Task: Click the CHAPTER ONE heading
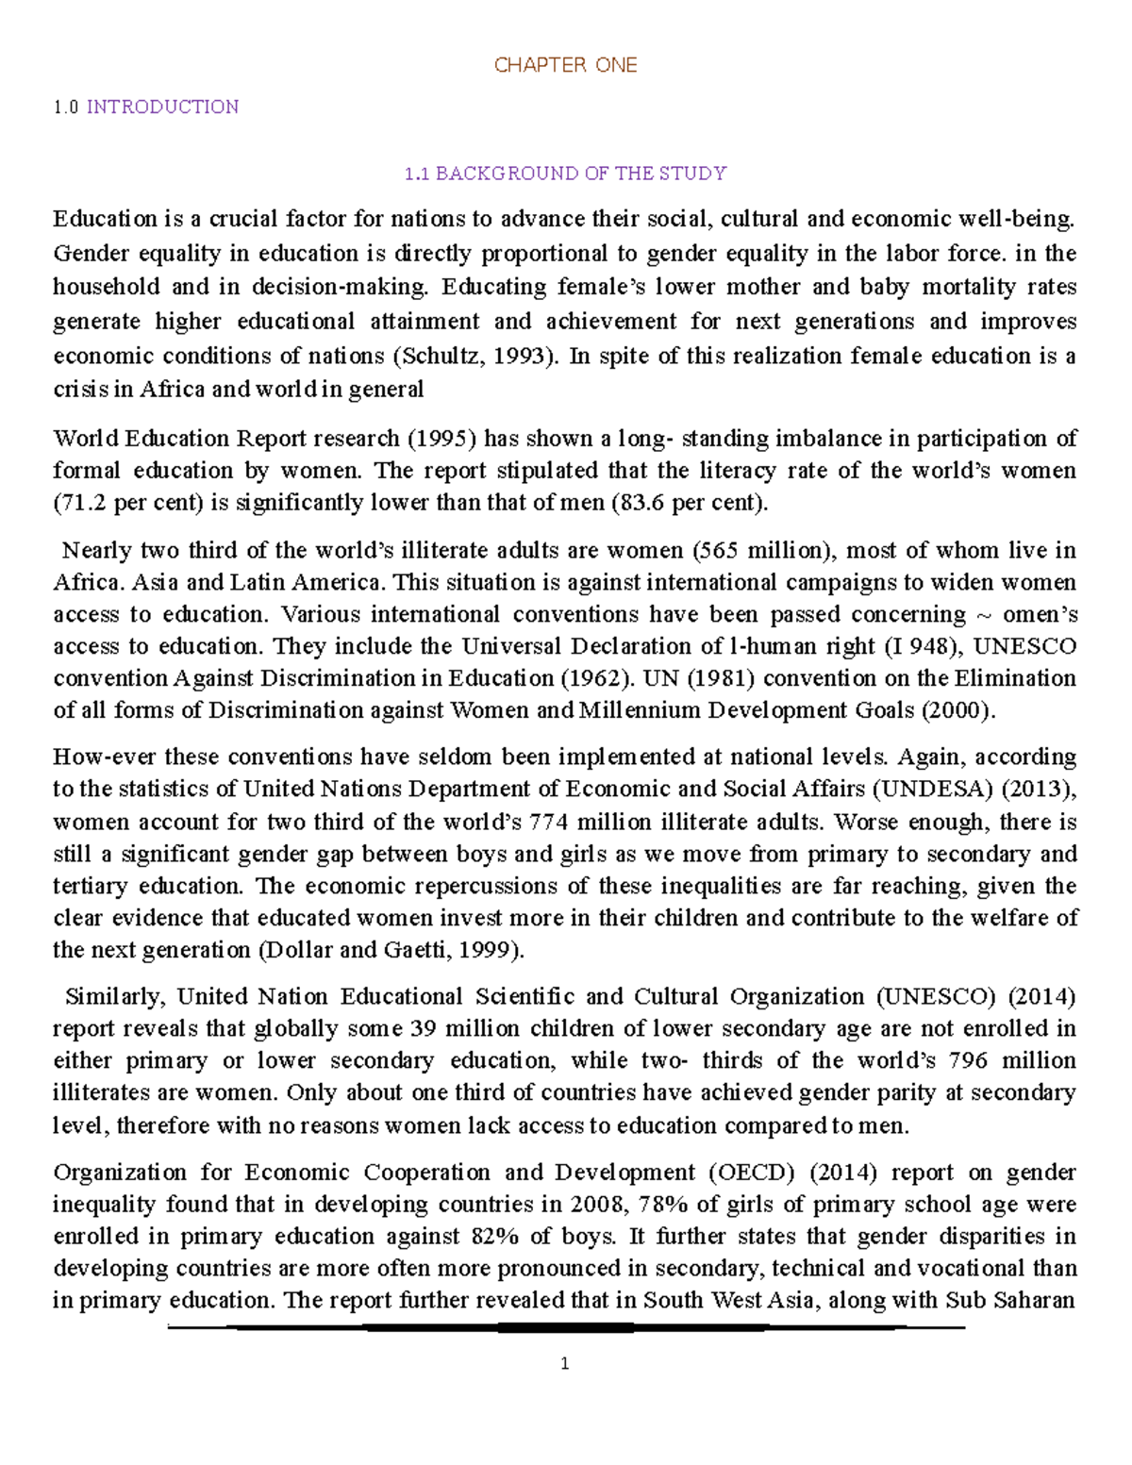tap(565, 65)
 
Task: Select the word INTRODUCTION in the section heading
tap(162, 107)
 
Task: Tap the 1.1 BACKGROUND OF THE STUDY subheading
tap(565, 174)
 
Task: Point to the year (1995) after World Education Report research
tap(442, 439)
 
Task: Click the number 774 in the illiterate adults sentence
tap(549, 822)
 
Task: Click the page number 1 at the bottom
tap(564, 1363)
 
